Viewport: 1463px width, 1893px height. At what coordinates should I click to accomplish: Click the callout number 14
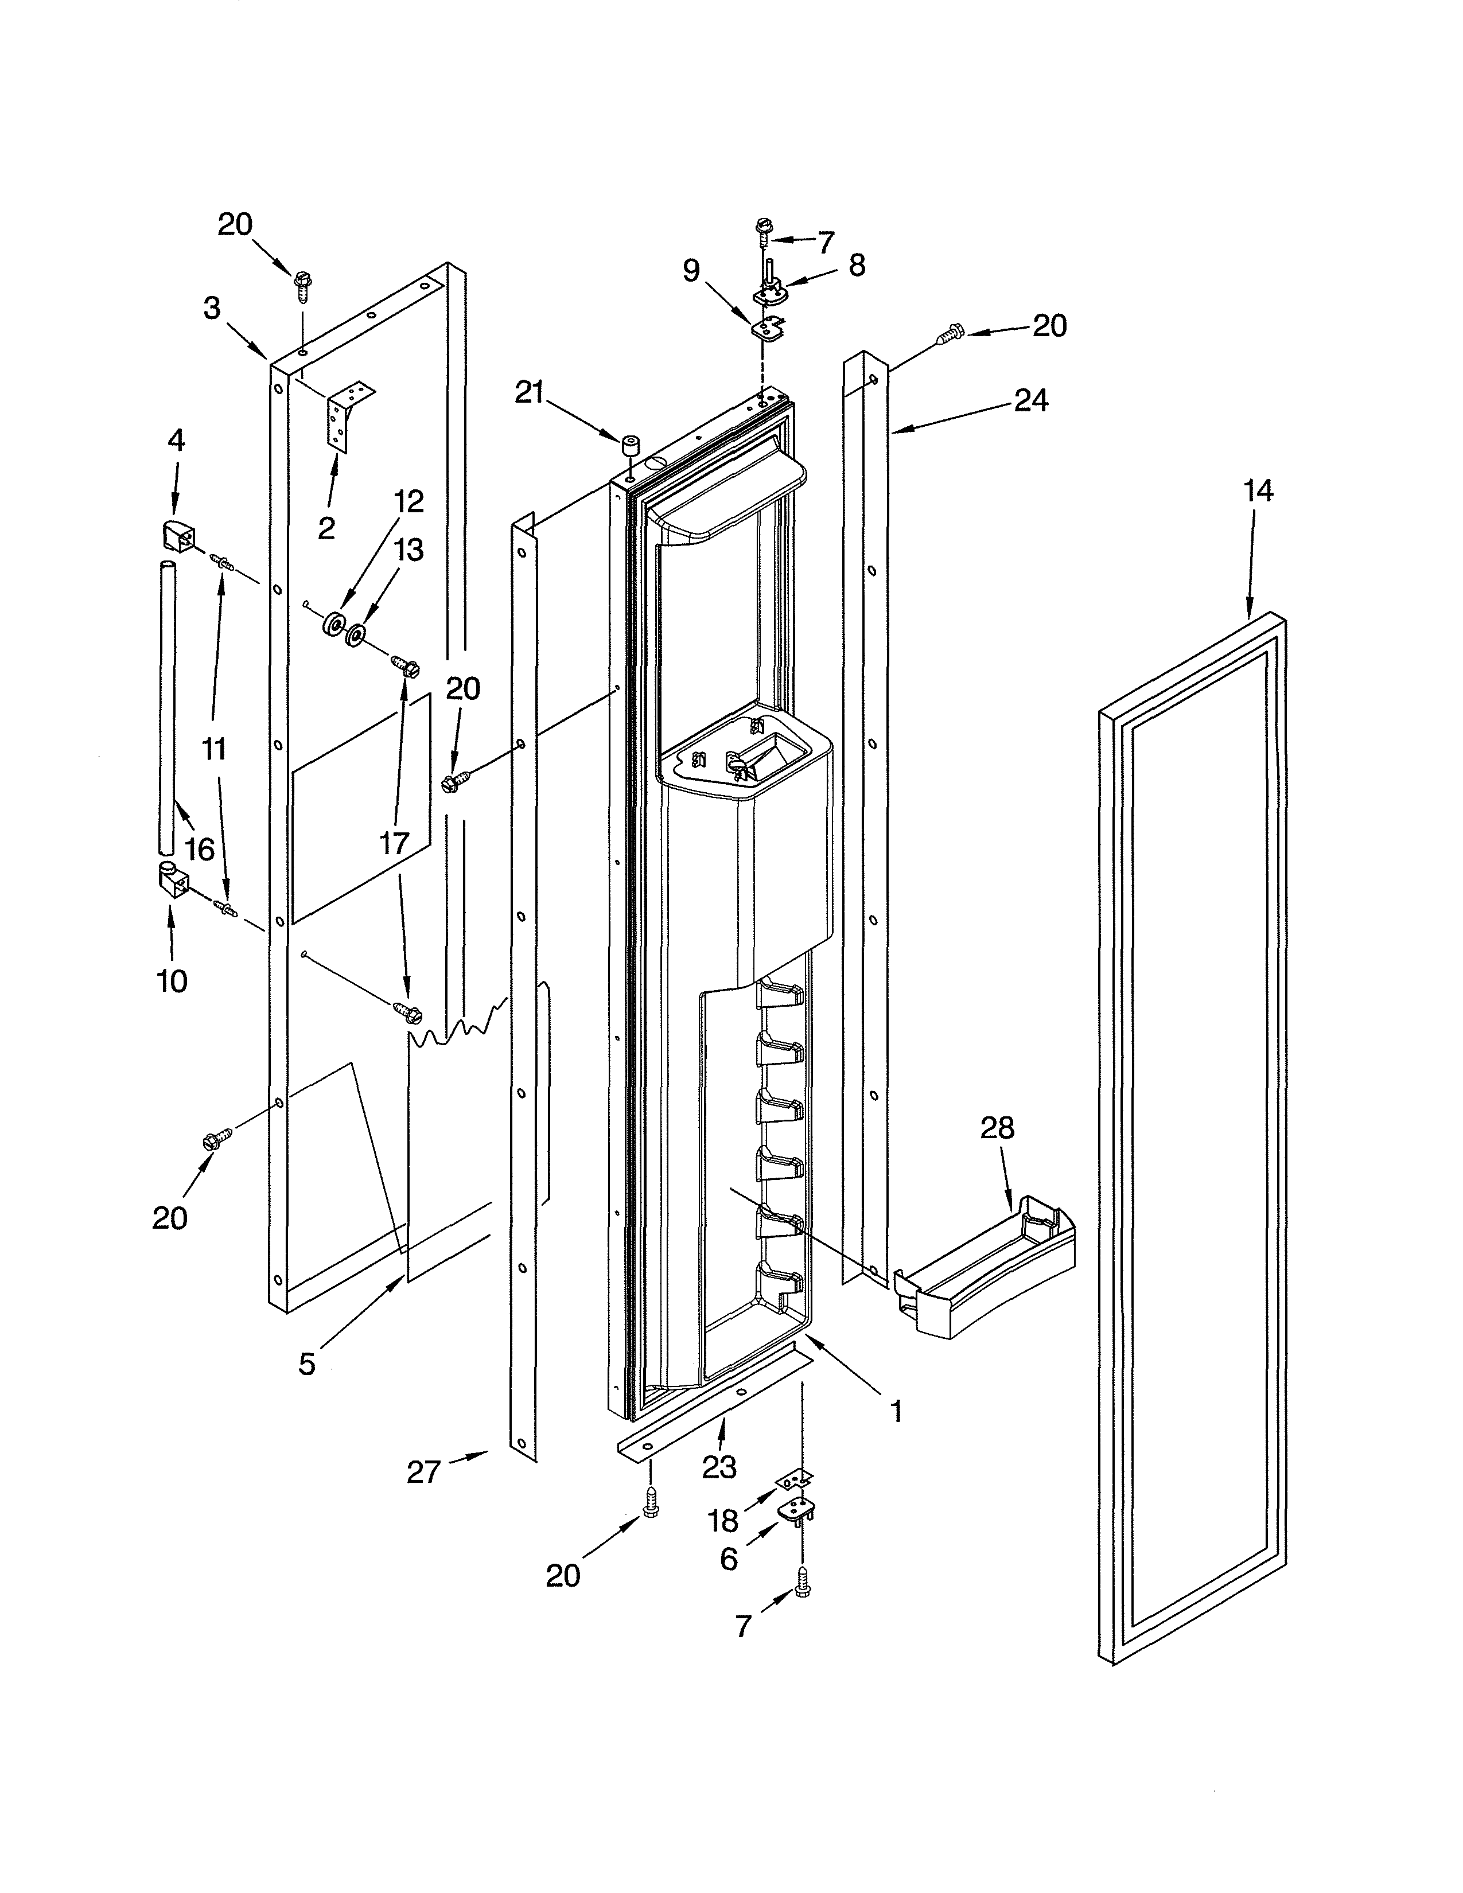click(1258, 492)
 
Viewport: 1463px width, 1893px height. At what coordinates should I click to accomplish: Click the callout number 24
click(1030, 400)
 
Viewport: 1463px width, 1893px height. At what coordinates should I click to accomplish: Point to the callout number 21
click(529, 394)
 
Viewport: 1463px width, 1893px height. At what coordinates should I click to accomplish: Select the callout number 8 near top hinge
click(857, 264)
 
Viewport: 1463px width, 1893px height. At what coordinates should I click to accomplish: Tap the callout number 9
click(691, 271)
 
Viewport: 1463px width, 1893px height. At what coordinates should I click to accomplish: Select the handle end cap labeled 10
click(171, 882)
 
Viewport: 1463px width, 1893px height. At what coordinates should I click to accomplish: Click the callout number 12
click(408, 502)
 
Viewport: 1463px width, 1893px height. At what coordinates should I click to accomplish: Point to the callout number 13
click(408, 550)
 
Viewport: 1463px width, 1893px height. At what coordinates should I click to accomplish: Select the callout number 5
click(307, 1364)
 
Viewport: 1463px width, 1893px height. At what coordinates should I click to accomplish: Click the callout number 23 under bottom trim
click(718, 1467)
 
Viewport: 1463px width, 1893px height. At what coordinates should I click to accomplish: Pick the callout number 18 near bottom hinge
click(723, 1520)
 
